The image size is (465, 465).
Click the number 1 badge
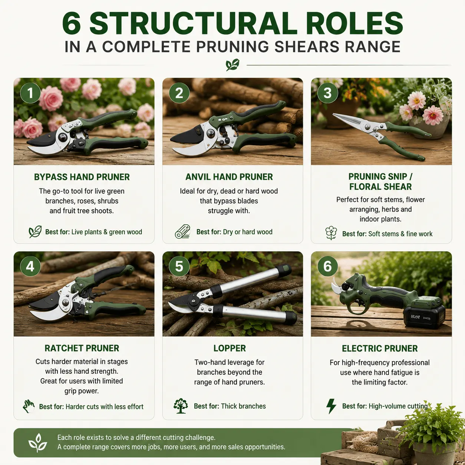(x=30, y=93)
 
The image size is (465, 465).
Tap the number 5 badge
(x=179, y=266)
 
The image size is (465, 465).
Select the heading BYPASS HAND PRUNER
(x=82, y=177)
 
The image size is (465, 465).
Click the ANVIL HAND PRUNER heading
(x=229, y=177)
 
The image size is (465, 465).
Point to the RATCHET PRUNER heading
(x=82, y=348)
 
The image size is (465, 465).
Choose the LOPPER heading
(x=230, y=348)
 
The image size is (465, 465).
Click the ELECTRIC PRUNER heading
(x=380, y=349)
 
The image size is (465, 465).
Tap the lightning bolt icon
(x=331, y=406)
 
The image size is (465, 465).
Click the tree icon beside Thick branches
(x=181, y=406)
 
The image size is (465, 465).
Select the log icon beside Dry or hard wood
(x=183, y=232)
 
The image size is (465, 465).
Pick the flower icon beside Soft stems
(x=331, y=233)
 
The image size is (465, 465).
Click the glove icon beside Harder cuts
(x=29, y=406)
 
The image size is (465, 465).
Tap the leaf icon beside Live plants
(x=35, y=232)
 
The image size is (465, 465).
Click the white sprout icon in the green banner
(x=38, y=443)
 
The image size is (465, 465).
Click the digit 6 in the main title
(x=71, y=24)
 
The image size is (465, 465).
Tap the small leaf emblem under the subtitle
(x=232, y=65)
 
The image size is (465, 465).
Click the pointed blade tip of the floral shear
(x=333, y=114)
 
